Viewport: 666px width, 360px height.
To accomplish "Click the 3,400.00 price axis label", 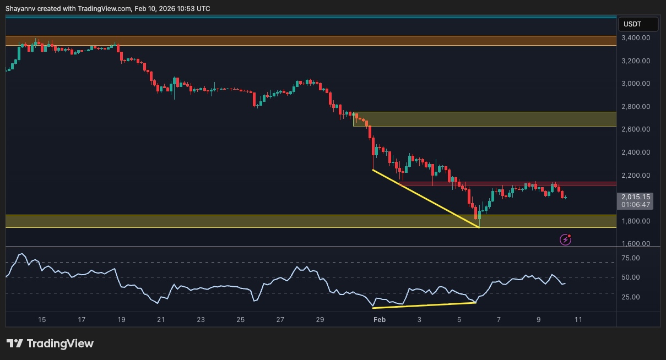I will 635,38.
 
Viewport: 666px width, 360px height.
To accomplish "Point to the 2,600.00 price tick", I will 635,129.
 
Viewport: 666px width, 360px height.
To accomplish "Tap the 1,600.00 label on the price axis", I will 635,244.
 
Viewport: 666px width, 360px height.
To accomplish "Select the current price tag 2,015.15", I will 635,197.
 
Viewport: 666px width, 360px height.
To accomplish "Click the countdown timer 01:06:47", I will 635,205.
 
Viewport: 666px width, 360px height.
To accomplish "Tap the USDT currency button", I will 638,24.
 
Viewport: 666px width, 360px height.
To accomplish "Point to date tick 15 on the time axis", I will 42,320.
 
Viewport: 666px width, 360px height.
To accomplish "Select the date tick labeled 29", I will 320,320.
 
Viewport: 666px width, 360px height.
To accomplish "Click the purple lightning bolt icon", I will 565,239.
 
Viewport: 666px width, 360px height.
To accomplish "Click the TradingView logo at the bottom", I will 50,343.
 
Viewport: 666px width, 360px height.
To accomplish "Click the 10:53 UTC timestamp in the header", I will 194,9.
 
